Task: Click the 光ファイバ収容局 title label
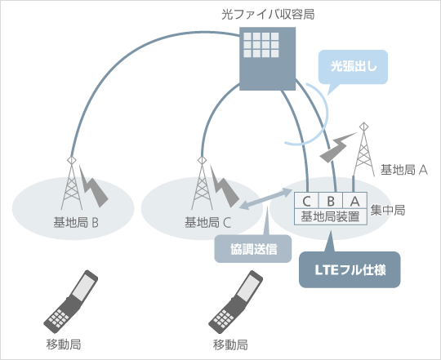click(268, 15)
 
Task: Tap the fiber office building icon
click(267, 59)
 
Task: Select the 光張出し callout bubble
click(353, 67)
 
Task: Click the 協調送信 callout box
click(253, 249)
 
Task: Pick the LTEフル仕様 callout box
click(350, 269)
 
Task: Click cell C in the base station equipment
click(306, 201)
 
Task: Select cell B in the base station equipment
click(331, 201)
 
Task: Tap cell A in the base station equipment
click(354, 201)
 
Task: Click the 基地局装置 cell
click(331, 216)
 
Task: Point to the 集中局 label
click(388, 211)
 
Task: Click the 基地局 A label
click(404, 170)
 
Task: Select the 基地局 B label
click(76, 223)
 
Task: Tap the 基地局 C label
click(208, 223)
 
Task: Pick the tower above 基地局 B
click(71, 183)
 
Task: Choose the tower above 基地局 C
click(202, 183)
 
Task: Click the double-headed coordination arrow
click(265, 198)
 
